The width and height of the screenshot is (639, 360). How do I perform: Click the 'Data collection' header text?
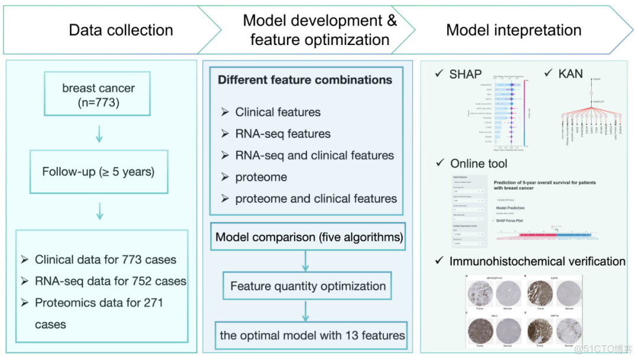pyautogui.click(x=121, y=30)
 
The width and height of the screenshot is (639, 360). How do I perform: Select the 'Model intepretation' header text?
pyautogui.click(x=514, y=30)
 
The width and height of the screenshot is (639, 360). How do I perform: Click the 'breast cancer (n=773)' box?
pyautogui.click(x=98, y=95)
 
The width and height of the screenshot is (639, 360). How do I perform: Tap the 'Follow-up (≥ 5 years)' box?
pyautogui.click(x=98, y=172)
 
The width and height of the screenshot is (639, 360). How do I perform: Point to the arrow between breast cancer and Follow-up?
pyautogui.click(x=99, y=133)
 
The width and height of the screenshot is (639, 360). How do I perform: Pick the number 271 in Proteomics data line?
pyautogui.click(x=151, y=303)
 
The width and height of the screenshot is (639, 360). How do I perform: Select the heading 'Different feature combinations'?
pyautogui.click(x=305, y=80)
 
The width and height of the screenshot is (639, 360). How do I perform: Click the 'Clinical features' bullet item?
pyautogui.click(x=277, y=112)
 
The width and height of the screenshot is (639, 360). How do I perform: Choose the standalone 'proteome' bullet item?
pyautogui.click(x=261, y=177)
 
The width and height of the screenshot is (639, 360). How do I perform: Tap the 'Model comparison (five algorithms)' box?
pyautogui.click(x=309, y=237)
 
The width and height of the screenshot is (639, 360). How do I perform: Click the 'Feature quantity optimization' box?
pyautogui.click(x=308, y=286)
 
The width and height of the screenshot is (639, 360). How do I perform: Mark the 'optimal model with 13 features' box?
pyautogui.click(x=312, y=335)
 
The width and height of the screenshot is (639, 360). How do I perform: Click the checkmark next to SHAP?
pyautogui.click(x=438, y=73)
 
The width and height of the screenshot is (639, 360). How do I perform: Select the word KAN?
pyautogui.click(x=570, y=74)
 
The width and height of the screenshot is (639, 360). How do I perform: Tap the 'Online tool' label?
pyautogui.click(x=479, y=163)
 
